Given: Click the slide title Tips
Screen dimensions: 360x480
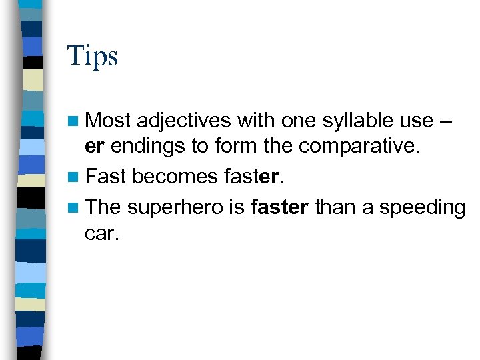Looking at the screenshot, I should [92, 56].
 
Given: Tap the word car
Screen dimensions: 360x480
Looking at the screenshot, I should [101, 235].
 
